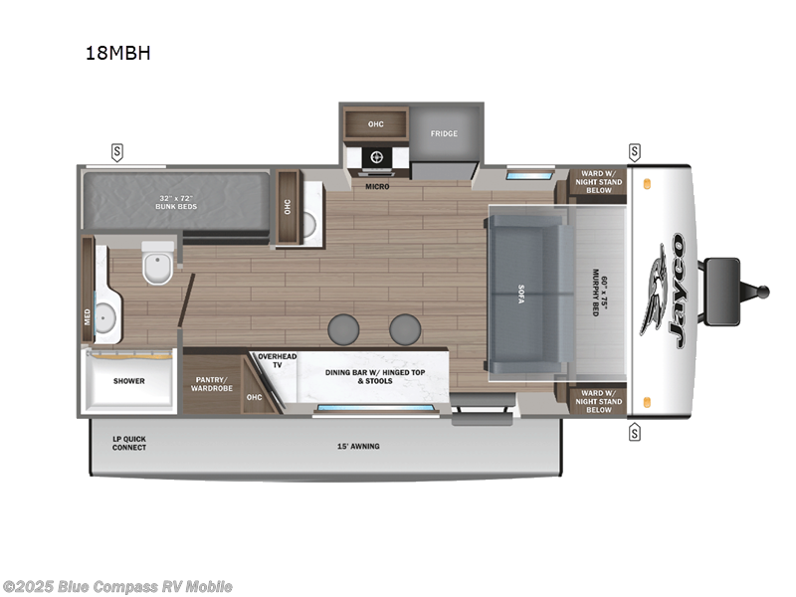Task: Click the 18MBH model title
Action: tap(117, 54)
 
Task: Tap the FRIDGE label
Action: tap(444, 133)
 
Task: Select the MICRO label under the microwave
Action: tap(376, 186)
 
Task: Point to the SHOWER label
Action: tap(128, 381)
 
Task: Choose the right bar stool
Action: tap(405, 328)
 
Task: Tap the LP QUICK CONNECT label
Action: tap(128, 443)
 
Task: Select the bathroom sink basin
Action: tap(107, 316)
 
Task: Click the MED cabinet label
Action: tap(88, 316)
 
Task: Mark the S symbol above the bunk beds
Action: tap(117, 151)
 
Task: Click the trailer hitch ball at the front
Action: tap(764, 292)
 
